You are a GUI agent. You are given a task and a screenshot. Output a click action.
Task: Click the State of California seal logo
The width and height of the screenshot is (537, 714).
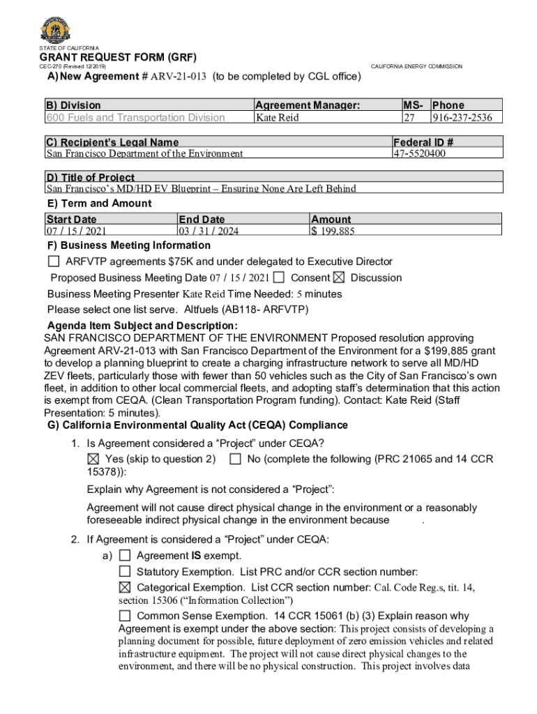56,30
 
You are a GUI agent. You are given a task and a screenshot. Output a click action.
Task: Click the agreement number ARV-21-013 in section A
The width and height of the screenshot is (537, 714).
177,77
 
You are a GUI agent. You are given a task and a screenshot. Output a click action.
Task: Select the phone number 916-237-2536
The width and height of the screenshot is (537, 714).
466,118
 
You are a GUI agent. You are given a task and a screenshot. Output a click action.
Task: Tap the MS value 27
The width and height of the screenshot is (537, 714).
409,118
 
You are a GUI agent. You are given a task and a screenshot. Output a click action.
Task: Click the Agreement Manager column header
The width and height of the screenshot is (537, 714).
308,105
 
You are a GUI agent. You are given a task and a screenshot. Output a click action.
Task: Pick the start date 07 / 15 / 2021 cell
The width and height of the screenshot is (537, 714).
77,231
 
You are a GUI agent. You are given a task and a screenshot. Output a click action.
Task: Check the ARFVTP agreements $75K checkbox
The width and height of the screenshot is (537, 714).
54,262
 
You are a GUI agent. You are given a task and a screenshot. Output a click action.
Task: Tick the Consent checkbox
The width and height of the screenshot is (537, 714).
279,278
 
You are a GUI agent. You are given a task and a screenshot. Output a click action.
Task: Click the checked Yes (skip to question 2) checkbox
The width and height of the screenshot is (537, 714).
93,459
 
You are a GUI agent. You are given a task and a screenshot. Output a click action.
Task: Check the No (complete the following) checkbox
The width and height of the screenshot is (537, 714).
235,459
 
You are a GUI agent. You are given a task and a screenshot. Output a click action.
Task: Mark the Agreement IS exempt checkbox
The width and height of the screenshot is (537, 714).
125,556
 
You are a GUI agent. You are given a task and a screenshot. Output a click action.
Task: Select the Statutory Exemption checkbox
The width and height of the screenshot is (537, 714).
125,572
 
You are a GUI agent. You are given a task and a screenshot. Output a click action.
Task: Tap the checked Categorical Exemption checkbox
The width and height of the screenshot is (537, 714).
125,588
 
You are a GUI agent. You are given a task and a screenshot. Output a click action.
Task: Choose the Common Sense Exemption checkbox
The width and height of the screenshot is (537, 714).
125,616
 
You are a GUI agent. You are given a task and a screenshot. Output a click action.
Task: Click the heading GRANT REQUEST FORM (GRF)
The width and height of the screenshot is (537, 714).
118,57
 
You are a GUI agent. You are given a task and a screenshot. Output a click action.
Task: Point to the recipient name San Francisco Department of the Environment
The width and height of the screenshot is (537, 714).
144,153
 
